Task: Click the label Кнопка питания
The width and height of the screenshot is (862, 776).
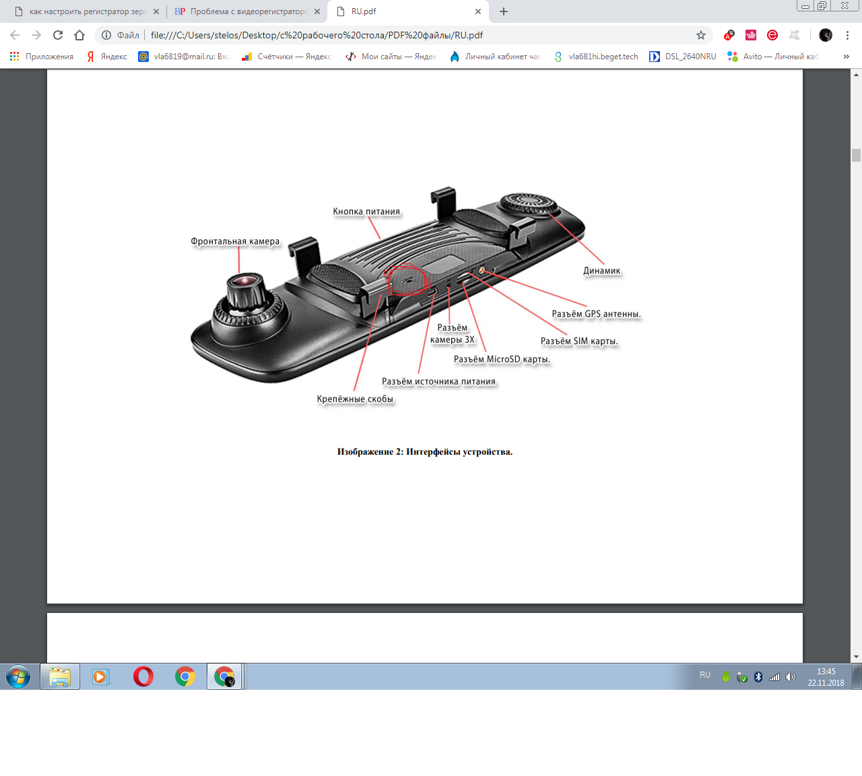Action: click(366, 212)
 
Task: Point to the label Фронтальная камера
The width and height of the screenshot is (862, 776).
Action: click(235, 241)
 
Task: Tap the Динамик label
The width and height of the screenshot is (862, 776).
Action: click(601, 270)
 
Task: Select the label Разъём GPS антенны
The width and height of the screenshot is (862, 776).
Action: click(596, 314)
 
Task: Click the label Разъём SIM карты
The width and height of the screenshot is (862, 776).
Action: click(579, 341)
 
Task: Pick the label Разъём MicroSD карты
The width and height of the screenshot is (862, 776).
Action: click(502, 359)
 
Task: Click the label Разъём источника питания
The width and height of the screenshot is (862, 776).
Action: click(438, 381)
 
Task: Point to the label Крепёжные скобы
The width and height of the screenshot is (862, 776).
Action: click(355, 399)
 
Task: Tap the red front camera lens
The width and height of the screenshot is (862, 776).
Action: click(244, 282)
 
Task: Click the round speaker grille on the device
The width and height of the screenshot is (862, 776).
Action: click(528, 205)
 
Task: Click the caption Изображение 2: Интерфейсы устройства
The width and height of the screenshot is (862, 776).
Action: click(424, 451)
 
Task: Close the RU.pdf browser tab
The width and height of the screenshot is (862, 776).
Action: click(478, 11)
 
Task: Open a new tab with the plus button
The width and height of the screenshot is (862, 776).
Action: click(504, 11)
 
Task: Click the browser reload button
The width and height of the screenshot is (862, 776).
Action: click(58, 35)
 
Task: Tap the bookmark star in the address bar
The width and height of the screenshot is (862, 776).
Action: click(701, 35)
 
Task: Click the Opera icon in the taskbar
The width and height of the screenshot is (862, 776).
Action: click(143, 677)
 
